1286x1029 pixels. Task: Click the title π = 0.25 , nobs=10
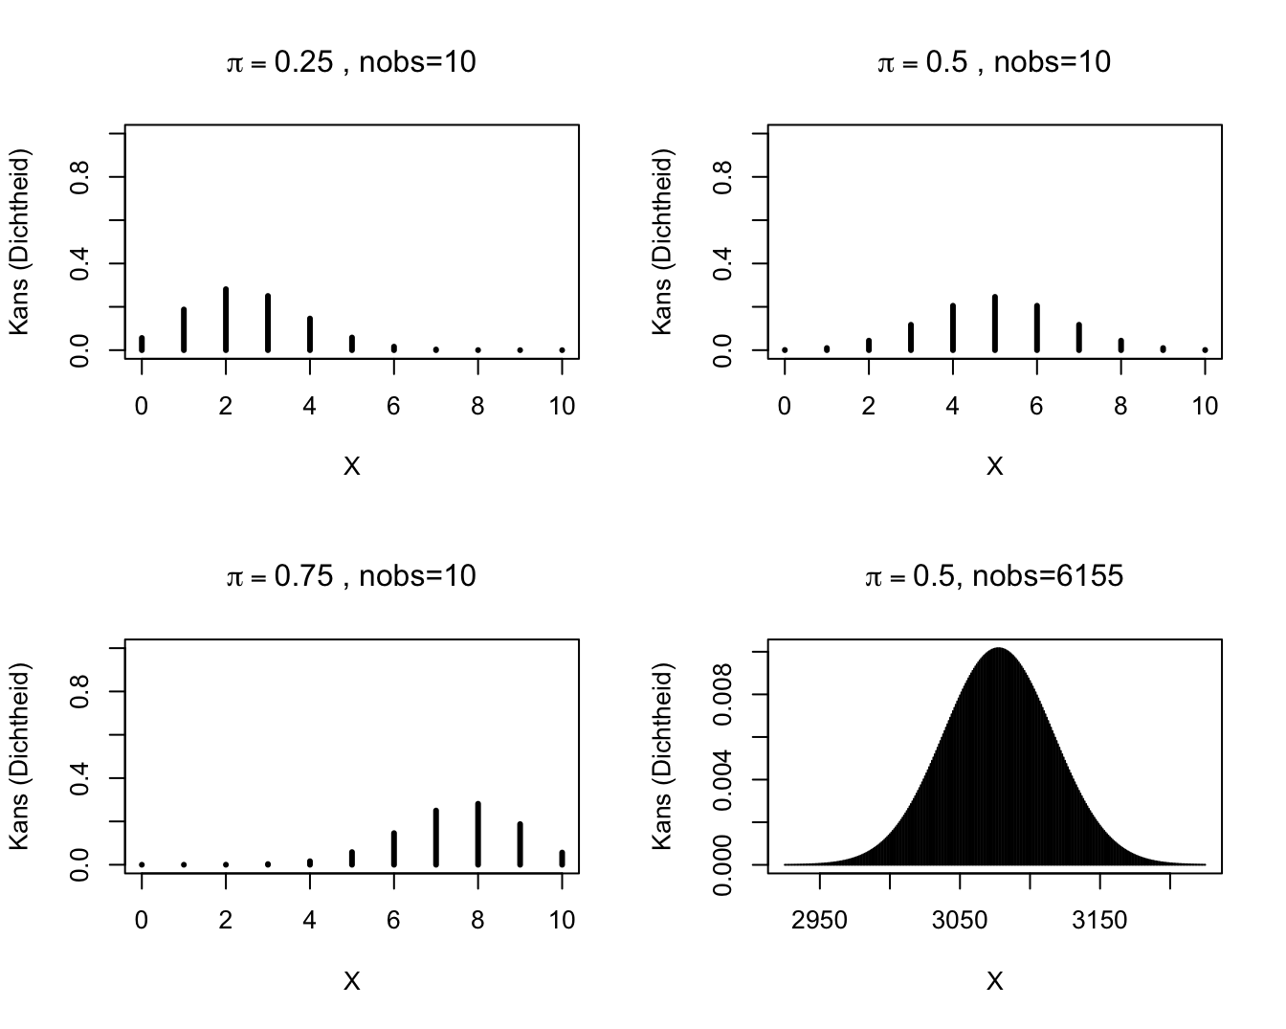coord(351,63)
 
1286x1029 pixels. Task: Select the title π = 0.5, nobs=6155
coord(994,577)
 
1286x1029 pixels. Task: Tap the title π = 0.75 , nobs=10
coord(351,577)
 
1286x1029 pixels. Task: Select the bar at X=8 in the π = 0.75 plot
coord(477,834)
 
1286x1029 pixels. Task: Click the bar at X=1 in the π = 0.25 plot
coord(184,329)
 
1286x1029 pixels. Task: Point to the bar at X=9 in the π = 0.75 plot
coord(520,844)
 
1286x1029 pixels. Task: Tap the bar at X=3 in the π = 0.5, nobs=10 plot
coord(911,337)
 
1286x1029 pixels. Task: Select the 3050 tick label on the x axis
coord(960,921)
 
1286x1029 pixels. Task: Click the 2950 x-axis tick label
coord(820,921)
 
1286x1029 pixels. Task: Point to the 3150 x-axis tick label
coord(1099,921)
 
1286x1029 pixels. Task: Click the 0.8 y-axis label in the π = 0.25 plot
coord(81,177)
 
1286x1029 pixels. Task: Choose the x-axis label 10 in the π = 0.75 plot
coord(562,921)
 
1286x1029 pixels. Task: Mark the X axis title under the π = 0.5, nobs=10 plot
coord(994,467)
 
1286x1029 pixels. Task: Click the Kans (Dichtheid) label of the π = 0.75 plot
coord(19,756)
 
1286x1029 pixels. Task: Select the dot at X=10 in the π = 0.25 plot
coord(562,350)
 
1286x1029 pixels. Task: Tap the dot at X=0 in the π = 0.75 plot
coord(142,864)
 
